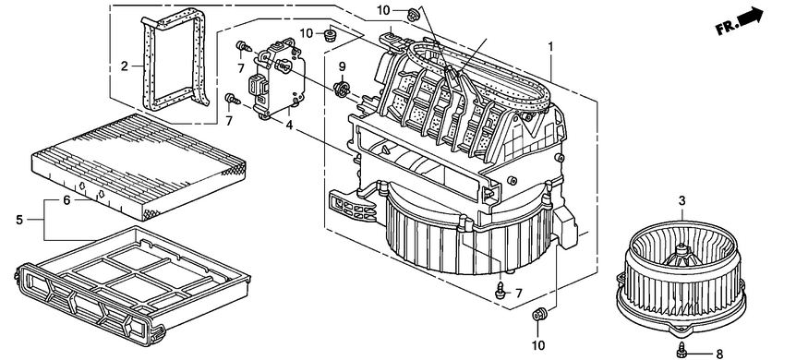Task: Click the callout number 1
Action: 550,47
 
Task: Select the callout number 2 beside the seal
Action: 124,66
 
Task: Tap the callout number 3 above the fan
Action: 681,201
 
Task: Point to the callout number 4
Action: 289,125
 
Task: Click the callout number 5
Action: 19,220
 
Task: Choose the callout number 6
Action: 66,200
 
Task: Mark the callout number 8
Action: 719,354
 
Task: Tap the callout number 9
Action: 343,66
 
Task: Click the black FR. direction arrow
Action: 750,16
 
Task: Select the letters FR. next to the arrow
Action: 727,28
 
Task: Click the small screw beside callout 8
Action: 682,350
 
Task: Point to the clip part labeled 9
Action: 341,89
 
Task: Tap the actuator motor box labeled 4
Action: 277,78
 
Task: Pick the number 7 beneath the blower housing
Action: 518,293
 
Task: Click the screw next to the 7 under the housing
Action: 500,291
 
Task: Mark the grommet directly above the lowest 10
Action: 538,313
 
